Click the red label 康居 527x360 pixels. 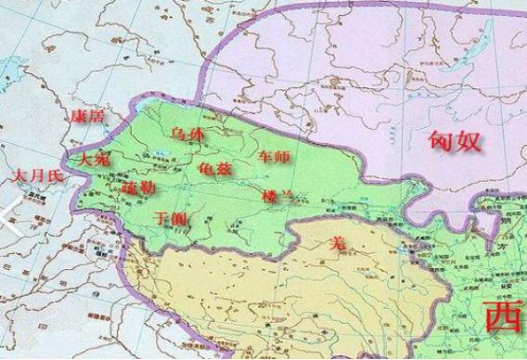coord(89,115)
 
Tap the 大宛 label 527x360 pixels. coord(94,159)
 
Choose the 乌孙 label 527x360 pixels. coord(186,135)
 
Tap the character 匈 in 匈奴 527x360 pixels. coord(443,142)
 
